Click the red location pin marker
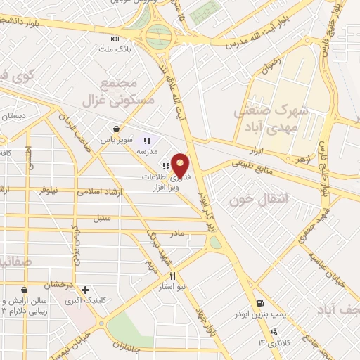(x=181, y=166)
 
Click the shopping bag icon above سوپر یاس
(x=115, y=129)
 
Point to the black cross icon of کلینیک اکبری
(x=86, y=289)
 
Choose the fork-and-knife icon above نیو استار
(x=172, y=276)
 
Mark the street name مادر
(x=176, y=232)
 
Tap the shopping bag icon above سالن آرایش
(x=25, y=290)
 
